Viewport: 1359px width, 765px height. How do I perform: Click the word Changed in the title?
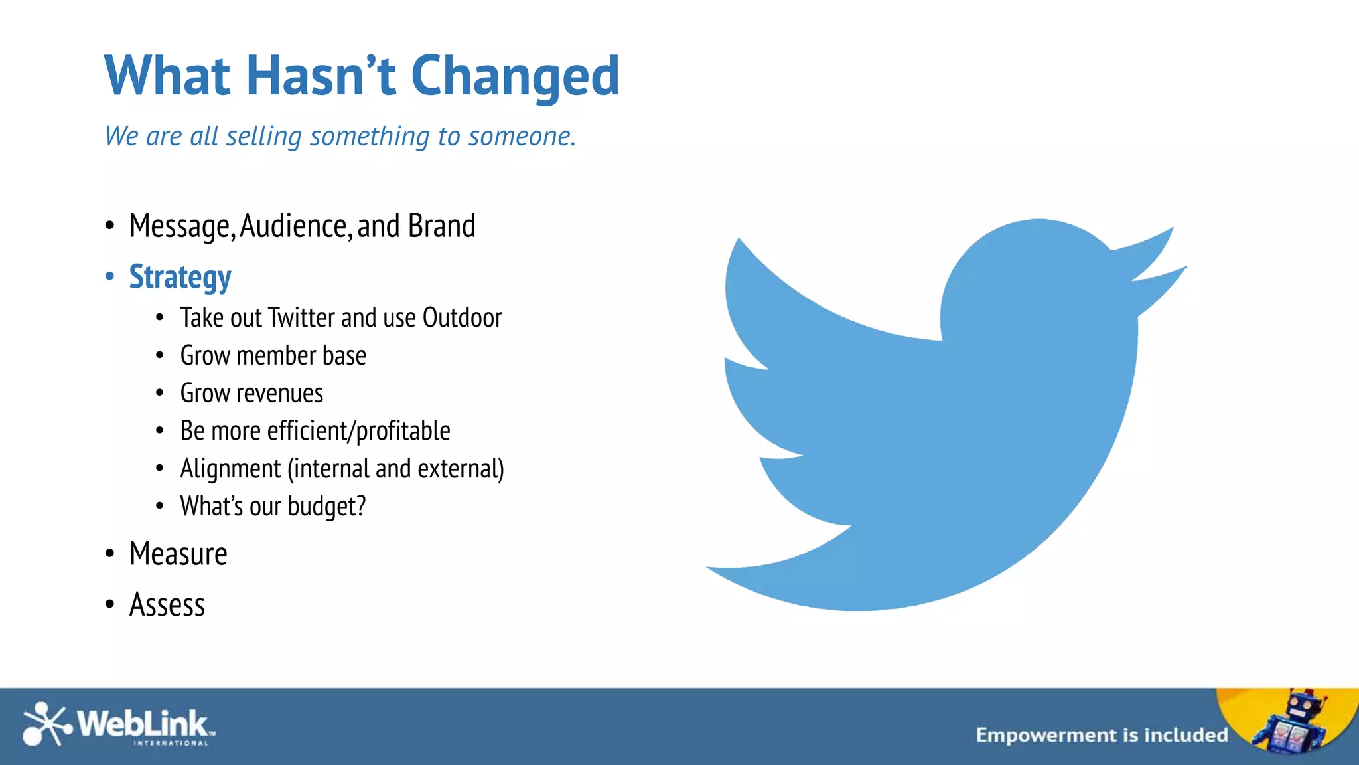coord(515,76)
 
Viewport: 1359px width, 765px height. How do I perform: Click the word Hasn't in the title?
coord(321,75)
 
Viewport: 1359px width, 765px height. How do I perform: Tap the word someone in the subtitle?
coord(521,136)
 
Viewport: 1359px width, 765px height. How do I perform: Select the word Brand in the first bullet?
coord(441,226)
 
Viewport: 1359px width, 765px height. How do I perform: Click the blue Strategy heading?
coord(180,277)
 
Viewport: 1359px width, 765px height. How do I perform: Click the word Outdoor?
coord(462,318)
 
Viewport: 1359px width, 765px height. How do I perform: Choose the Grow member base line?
coord(273,356)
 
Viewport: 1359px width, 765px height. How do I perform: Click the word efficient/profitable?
coord(358,431)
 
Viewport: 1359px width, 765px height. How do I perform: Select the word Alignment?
coord(230,469)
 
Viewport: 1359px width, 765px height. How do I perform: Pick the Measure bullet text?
coord(178,554)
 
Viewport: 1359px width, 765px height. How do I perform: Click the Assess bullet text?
coord(167,605)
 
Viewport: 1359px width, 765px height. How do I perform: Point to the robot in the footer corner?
coord(1291,724)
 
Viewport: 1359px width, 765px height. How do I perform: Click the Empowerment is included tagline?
coord(1102,735)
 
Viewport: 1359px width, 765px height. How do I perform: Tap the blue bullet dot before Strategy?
coord(110,276)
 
